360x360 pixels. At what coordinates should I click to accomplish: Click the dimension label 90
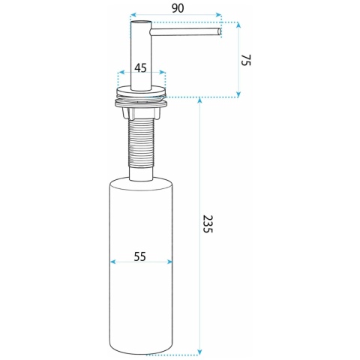click(x=178, y=8)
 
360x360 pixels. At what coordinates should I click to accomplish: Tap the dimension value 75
click(x=246, y=60)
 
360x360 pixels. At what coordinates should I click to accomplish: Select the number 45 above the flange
click(x=140, y=67)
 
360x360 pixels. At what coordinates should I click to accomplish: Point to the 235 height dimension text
click(x=208, y=223)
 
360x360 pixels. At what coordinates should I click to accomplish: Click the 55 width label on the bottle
click(x=139, y=256)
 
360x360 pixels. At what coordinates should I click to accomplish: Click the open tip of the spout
click(x=219, y=31)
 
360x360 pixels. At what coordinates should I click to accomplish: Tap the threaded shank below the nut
click(x=141, y=143)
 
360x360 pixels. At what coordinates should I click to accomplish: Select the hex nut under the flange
click(x=141, y=112)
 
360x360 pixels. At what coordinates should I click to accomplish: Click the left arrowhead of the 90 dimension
click(x=133, y=15)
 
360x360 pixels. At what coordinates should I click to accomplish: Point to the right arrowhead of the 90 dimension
click(x=219, y=15)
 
